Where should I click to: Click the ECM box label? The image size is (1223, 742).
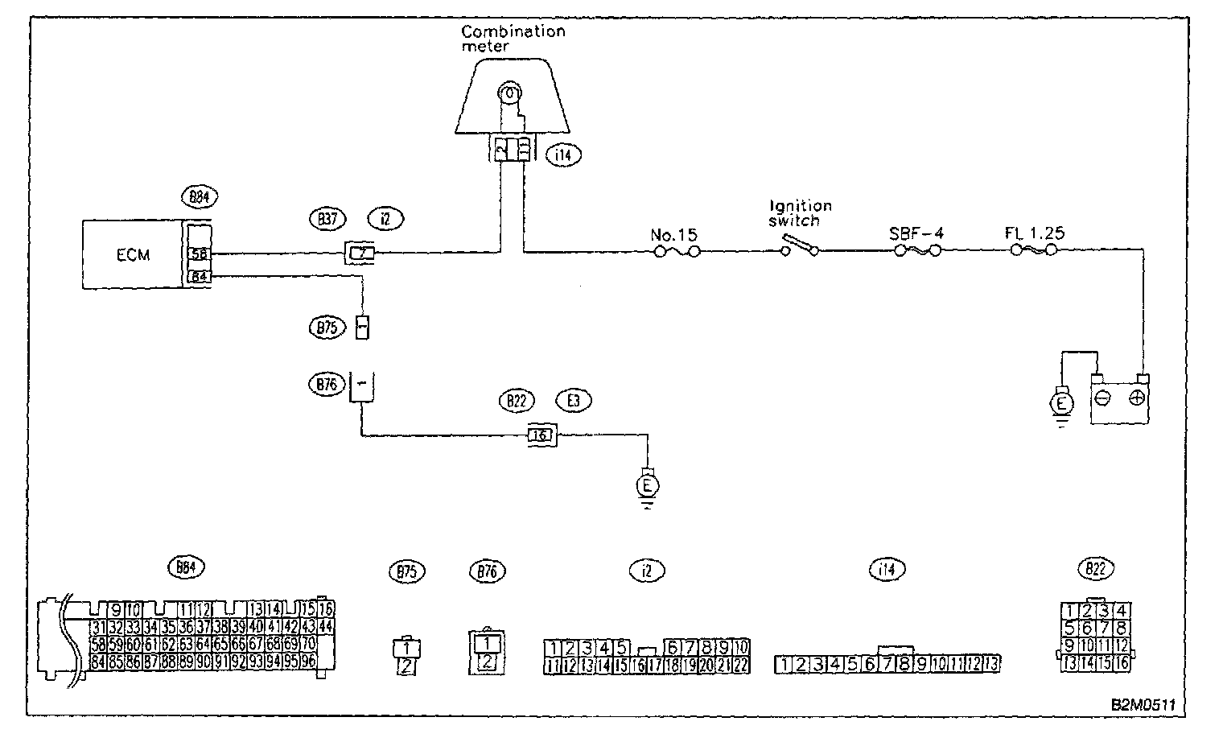(133, 255)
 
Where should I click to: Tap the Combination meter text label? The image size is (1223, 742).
(513, 38)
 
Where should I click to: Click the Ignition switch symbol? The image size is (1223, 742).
(800, 246)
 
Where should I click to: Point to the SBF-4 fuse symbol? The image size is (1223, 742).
(916, 252)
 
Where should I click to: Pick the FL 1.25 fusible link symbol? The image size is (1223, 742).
(1034, 251)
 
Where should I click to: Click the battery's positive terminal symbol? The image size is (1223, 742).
(1137, 398)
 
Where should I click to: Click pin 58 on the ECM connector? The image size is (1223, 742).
(198, 254)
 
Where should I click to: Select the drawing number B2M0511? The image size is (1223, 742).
(1143, 704)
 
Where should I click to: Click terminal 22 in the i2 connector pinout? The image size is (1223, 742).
(741, 665)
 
